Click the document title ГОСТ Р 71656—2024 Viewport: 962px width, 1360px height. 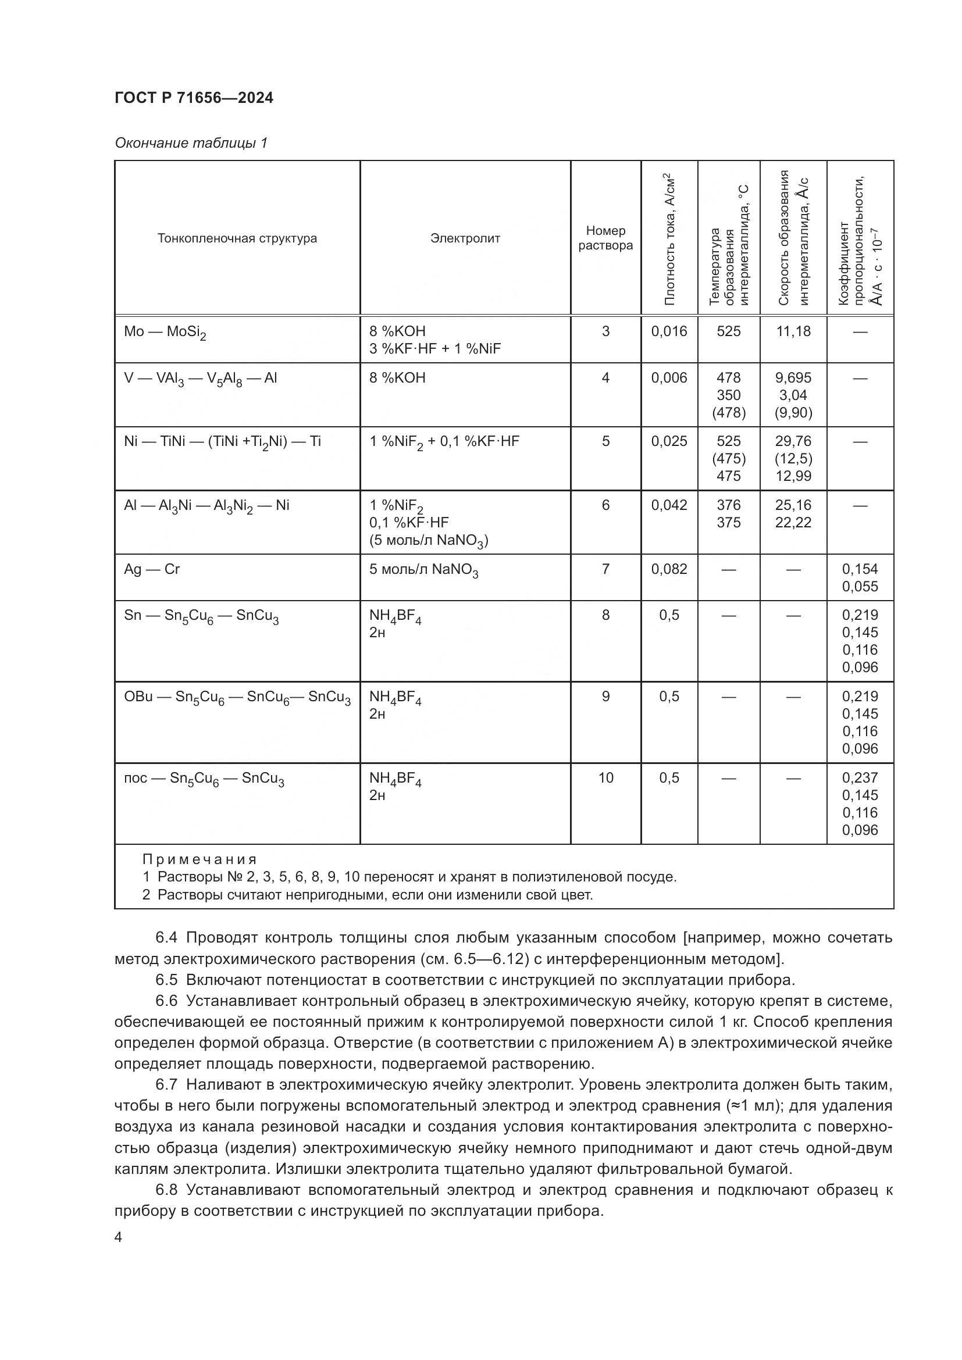click(194, 98)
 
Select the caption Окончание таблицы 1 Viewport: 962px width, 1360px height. click(191, 143)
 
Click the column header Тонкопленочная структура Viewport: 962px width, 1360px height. click(237, 238)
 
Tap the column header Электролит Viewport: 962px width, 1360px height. click(465, 238)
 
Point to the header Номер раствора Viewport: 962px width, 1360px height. click(605, 238)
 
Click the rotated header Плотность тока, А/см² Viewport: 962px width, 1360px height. click(670, 238)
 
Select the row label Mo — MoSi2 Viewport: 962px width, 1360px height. click(165, 333)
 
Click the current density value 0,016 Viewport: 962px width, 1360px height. click(669, 331)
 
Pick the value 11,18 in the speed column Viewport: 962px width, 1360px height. click(793, 331)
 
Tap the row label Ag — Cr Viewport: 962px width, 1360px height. click(152, 569)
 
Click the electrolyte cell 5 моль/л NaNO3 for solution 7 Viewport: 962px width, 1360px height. click(423, 570)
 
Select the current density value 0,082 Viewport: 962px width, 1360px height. click(669, 569)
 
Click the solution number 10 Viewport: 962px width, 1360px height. click(605, 778)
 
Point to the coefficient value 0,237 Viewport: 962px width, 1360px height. click(860, 778)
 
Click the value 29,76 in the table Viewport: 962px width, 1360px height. click(793, 441)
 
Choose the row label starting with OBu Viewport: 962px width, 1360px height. click(237, 697)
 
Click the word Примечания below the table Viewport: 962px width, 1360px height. click(199, 859)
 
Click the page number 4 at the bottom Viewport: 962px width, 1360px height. click(119, 1237)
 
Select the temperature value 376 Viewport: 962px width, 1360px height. click(728, 505)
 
